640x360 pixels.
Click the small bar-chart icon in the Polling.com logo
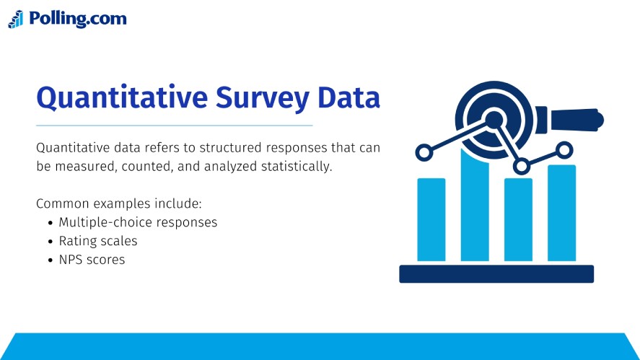click(16, 19)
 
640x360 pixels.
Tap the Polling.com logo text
click(77, 19)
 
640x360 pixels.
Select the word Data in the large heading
click(351, 97)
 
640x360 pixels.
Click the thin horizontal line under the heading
click(174, 126)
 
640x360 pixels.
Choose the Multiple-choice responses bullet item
click(138, 222)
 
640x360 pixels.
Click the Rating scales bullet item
click(98, 241)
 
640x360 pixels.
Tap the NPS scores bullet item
click(92, 260)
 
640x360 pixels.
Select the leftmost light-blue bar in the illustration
click(431, 219)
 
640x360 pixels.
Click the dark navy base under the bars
click(496, 274)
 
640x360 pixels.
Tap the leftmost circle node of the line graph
click(424, 152)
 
